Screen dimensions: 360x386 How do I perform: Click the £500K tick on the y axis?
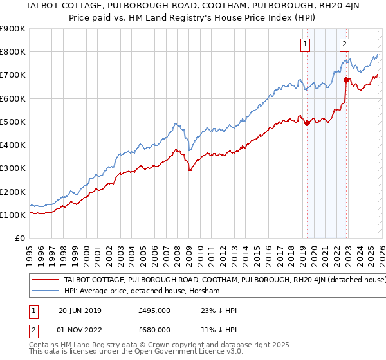coord(13,122)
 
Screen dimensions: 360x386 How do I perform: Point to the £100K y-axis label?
coord(13,215)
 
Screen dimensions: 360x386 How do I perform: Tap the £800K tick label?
coord(13,52)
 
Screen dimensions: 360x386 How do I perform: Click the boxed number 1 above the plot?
coord(305,44)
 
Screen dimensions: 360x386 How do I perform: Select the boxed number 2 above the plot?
coord(345,44)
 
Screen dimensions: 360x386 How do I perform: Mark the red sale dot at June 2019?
coord(308,123)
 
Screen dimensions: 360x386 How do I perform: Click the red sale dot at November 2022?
coord(346,80)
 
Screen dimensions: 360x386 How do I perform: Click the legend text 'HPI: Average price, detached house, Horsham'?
coord(142,291)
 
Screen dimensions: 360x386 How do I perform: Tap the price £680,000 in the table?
coord(154,329)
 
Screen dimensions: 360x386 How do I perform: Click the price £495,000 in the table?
coord(154,310)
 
